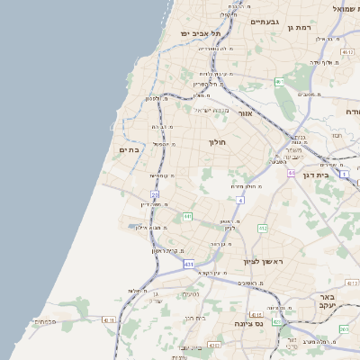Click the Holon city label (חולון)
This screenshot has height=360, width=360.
coord(219,142)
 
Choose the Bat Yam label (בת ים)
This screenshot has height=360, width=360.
coord(130,150)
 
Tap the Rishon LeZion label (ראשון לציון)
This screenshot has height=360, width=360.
coord(263,262)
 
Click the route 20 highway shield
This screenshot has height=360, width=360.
coord(155,193)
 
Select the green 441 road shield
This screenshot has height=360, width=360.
coord(187,216)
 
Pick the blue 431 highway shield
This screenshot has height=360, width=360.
coord(188,265)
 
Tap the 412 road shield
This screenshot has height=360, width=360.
coord(263,229)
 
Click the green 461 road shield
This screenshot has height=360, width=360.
coord(279,82)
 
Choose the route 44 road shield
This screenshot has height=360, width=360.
coord(292,172)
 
